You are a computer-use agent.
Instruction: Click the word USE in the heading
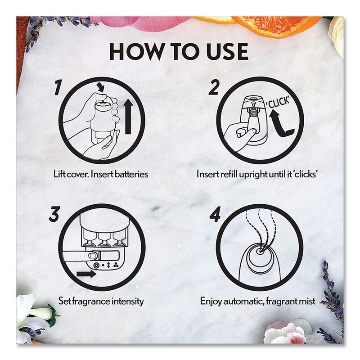(228, 52)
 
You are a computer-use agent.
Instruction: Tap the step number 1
(58, 87)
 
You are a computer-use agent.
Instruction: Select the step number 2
(213, 87)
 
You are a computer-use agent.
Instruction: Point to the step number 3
(54, 214)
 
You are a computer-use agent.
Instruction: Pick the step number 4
(215, 215)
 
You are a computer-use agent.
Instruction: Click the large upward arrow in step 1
(128, 117)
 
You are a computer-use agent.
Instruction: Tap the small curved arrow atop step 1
(100, 87)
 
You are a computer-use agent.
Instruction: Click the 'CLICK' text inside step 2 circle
(278, 102)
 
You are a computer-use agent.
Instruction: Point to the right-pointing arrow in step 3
(86, 274)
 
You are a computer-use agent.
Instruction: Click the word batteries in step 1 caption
(131, 174)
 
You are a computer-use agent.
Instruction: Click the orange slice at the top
(275, 25)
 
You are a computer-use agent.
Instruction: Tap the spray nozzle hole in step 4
(260, 251)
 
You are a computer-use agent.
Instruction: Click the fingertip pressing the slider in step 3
(92, 256)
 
